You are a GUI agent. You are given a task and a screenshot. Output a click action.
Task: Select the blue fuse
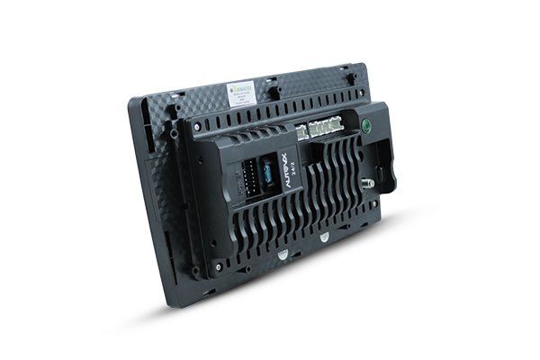tap(266, 172)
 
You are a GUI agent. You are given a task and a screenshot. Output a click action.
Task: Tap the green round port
tap(367, 126)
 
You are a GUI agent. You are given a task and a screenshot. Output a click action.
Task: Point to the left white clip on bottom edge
tap(282, 254)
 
